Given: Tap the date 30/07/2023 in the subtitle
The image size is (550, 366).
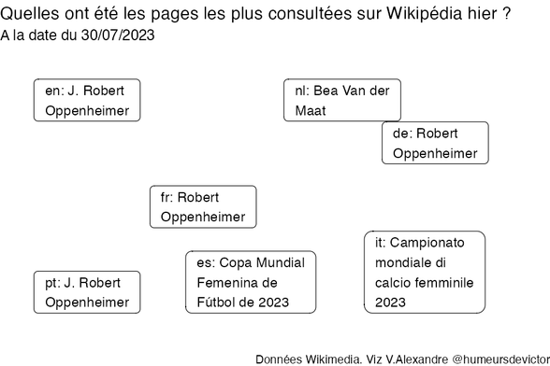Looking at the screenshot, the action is pos(118,35).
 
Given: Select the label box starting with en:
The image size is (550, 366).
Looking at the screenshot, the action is pos(87,100).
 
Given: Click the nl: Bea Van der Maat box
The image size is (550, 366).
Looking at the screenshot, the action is pos(342,100).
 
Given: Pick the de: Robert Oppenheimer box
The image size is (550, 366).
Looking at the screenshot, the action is pos(435,143).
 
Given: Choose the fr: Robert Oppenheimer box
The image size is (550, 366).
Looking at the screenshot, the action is pos(203,207).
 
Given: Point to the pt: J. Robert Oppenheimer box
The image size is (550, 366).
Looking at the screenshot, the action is pos(87,292).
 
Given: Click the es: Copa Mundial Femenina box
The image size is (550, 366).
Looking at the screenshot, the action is pos(251,282).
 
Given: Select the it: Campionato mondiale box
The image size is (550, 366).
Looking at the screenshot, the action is pos(425,272).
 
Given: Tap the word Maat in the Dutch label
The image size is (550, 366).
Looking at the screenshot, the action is pos(311,111).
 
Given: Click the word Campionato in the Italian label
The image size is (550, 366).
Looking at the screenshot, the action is pos(427,243).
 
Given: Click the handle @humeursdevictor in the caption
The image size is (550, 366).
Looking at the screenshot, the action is pos(501,359).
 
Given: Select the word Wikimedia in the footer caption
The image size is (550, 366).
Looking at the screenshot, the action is pos(333,359).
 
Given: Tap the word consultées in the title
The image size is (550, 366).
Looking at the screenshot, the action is pos(309,13).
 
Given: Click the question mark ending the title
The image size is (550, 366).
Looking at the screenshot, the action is pos(506,13).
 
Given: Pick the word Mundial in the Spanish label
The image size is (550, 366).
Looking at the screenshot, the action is pos(280,262).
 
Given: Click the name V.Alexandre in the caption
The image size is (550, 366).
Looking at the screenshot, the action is pos(417,359).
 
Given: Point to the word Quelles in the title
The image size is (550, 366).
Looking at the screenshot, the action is pos(30,13).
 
